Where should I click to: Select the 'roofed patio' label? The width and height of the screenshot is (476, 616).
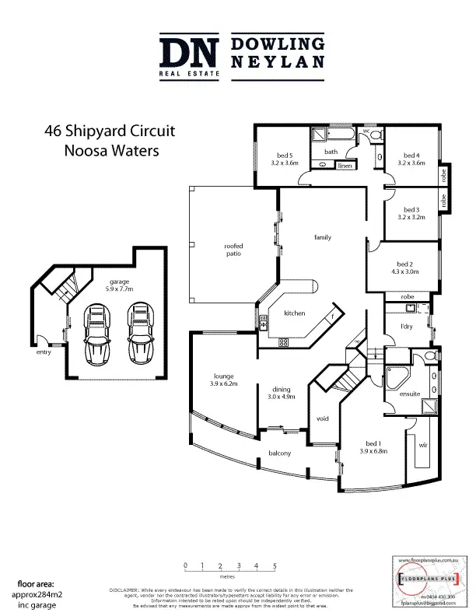pos(234,250)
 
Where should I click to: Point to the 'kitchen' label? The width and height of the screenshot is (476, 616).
pos(294,313)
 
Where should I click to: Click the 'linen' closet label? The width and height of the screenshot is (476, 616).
pos(345,166)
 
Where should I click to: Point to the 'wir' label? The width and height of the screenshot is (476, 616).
pos(423,446)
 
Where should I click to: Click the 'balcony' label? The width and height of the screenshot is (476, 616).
pos(279,453)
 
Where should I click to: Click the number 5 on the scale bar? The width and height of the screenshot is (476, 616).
pos(275,565)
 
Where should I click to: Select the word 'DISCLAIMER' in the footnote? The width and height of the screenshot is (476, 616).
pos(126,590)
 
